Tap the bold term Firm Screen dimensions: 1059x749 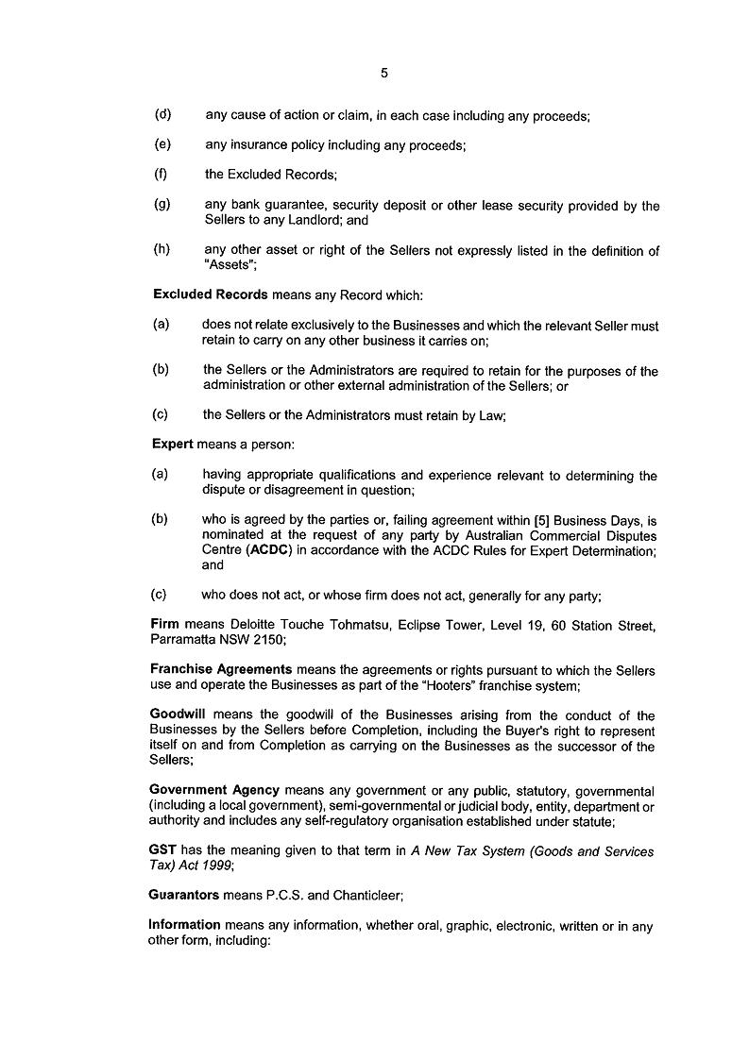click(165, 624)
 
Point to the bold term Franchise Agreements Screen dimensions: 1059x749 click(220, 669)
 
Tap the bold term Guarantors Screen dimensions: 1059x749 click(184, 895)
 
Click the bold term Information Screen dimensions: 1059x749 click(184, 926)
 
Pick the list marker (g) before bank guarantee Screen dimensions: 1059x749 click(162, 205)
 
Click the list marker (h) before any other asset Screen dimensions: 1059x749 click(162, 250)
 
